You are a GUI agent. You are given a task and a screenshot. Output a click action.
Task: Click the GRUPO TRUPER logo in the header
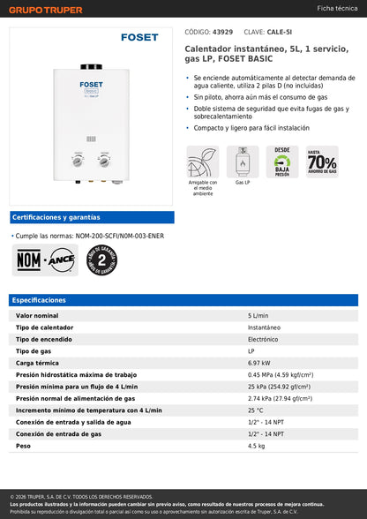click(46, 10)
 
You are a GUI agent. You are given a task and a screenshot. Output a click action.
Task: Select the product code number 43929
click(223, 31)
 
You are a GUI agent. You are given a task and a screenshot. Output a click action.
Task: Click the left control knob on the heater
click(79, 162)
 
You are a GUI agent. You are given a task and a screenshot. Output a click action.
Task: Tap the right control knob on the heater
click(104, 162)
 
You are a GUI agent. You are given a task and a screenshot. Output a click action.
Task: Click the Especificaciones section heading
click(40, 300)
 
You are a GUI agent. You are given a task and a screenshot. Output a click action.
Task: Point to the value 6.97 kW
click(260, 362)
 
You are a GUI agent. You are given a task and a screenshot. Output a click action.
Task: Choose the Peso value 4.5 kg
click(257, 446)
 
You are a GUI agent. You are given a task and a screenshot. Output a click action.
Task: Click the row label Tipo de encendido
click(47, 338)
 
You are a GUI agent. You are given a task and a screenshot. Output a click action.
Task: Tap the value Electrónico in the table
click(264, 338)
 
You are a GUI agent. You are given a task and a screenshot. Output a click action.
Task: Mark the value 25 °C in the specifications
click(256, 410)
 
